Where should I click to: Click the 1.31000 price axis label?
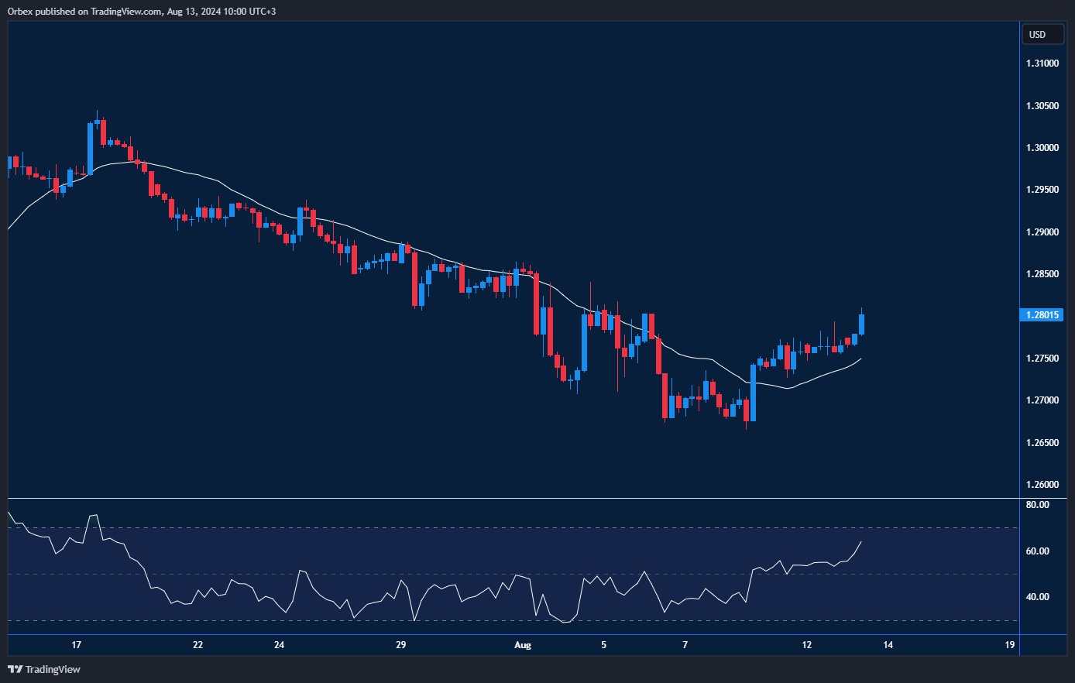pos(1042,63)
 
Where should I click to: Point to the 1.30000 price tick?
pos(1042,148)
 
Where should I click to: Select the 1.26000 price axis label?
pos(1042,485)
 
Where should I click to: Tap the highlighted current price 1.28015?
pos(1043,315)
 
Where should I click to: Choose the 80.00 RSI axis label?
pos(1037,505)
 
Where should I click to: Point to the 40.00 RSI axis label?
pos(1037,597)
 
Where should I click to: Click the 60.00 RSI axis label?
pos(1037,551)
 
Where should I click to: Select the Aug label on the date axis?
pos(523,645)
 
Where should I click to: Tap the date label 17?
pos(76,645)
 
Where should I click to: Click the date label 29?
pos(400,645)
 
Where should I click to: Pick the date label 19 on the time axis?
pos(1009,645)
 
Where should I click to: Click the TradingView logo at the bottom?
pos(44,669)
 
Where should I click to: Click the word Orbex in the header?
pos(20,12)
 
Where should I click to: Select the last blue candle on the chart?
pos(861,324)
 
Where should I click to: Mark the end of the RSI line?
pos(861,541)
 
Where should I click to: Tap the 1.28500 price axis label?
pos(1042,274)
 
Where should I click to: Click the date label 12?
pos(807,645)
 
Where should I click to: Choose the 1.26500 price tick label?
pos(1042,443)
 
